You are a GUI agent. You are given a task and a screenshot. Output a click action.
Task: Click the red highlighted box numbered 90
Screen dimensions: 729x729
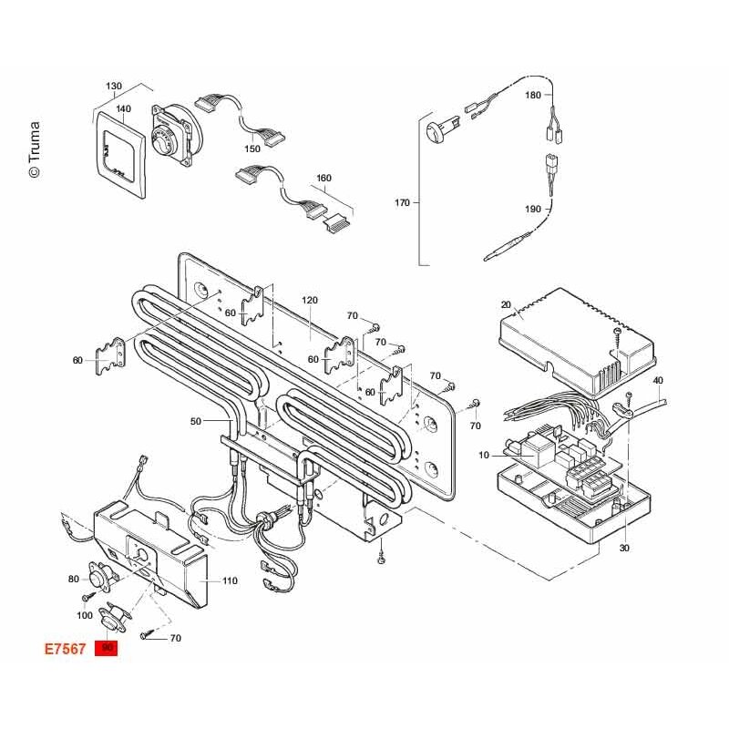[x=106, y=648]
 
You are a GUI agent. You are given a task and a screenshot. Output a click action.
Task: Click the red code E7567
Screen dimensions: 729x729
[x=65, y=649]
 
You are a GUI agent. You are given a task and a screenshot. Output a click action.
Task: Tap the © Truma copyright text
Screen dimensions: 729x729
[x=35, y=149]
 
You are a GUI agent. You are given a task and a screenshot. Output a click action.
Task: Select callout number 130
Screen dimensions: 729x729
[x=114, y=86]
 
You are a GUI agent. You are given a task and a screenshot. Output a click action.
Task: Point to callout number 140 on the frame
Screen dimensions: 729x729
[x=123, y=108]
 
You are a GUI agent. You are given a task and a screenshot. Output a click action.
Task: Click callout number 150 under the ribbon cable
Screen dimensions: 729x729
[x=252, y=149]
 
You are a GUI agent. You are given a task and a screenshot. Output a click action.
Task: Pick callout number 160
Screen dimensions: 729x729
[x=323, y=178]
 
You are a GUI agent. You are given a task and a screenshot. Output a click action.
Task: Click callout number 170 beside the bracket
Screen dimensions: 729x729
[x=402, y=202]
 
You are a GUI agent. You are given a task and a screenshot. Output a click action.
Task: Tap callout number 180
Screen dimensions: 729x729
[x=533, y=95]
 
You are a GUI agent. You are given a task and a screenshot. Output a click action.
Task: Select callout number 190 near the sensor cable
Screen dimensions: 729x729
[x=533, y=210]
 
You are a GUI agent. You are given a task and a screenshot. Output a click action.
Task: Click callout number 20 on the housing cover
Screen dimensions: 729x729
[x=506, y=304]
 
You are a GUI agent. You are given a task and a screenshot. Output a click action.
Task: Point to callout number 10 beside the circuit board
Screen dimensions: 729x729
[x=484, y=455]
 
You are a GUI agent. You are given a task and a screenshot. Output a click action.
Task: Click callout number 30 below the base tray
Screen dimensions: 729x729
[x=624, y=549]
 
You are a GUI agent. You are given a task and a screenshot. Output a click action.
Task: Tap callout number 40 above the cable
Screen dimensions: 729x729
[x=658, y=380]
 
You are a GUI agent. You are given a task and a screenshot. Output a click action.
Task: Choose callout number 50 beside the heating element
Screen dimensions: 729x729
[x=196, y=421]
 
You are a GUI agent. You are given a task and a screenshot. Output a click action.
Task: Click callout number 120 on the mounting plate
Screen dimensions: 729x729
[x=310, y=301]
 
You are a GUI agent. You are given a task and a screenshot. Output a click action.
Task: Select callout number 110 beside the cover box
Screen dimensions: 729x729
[x=230, y=580]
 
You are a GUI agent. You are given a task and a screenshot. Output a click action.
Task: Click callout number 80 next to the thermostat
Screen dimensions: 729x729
[x=74, y=579]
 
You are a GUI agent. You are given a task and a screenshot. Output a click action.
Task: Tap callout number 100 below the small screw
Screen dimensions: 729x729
[x=85, y=616]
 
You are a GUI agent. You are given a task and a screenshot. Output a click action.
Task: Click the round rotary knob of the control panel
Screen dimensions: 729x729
[x=163, y=139]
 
